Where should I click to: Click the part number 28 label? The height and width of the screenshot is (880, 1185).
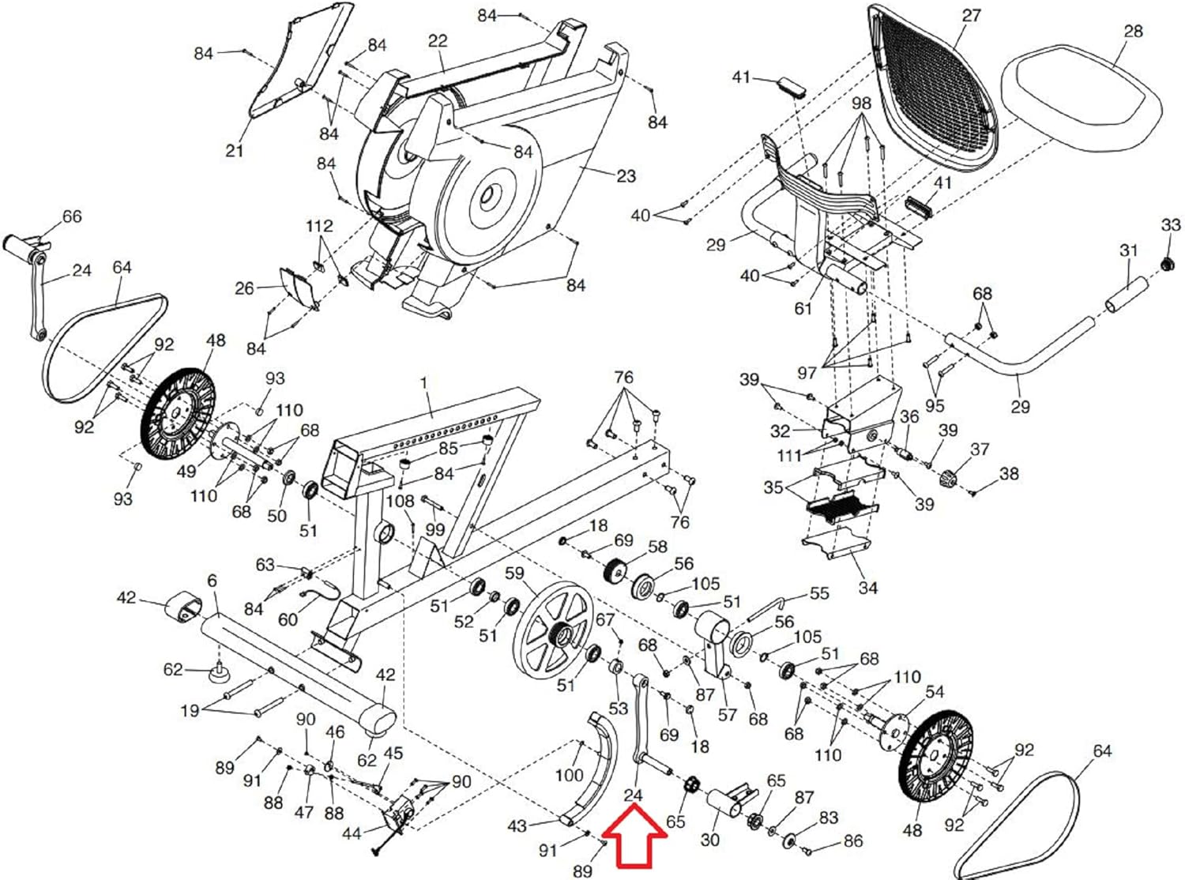click(x=1132, y=32)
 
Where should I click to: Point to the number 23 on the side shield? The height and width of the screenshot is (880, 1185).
click(x=626, y=175)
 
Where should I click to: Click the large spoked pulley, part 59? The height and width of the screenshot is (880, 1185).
click(x=552, y=629)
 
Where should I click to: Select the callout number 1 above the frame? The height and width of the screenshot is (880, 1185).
click(x=423, y=382)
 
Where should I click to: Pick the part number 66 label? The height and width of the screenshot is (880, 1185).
click(x=72, y=216)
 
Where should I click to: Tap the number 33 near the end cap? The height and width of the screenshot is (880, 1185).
click(x=1170, y=225)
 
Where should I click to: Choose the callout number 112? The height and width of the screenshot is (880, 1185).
click(x=319, y=227)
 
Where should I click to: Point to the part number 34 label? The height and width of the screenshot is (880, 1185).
click(x=867, y=588)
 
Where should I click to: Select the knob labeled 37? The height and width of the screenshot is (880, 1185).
click(x=949, y=477)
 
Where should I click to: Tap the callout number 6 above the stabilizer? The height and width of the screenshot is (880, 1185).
click(x=212, y=581)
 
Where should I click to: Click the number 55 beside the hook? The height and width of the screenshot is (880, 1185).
click(x=819, y=593)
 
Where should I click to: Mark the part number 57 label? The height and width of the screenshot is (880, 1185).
click(x=727, y=715)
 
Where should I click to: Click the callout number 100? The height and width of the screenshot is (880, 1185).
click(x=568, y=775)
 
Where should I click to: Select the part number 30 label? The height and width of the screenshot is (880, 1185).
click(x=709, y=839)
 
